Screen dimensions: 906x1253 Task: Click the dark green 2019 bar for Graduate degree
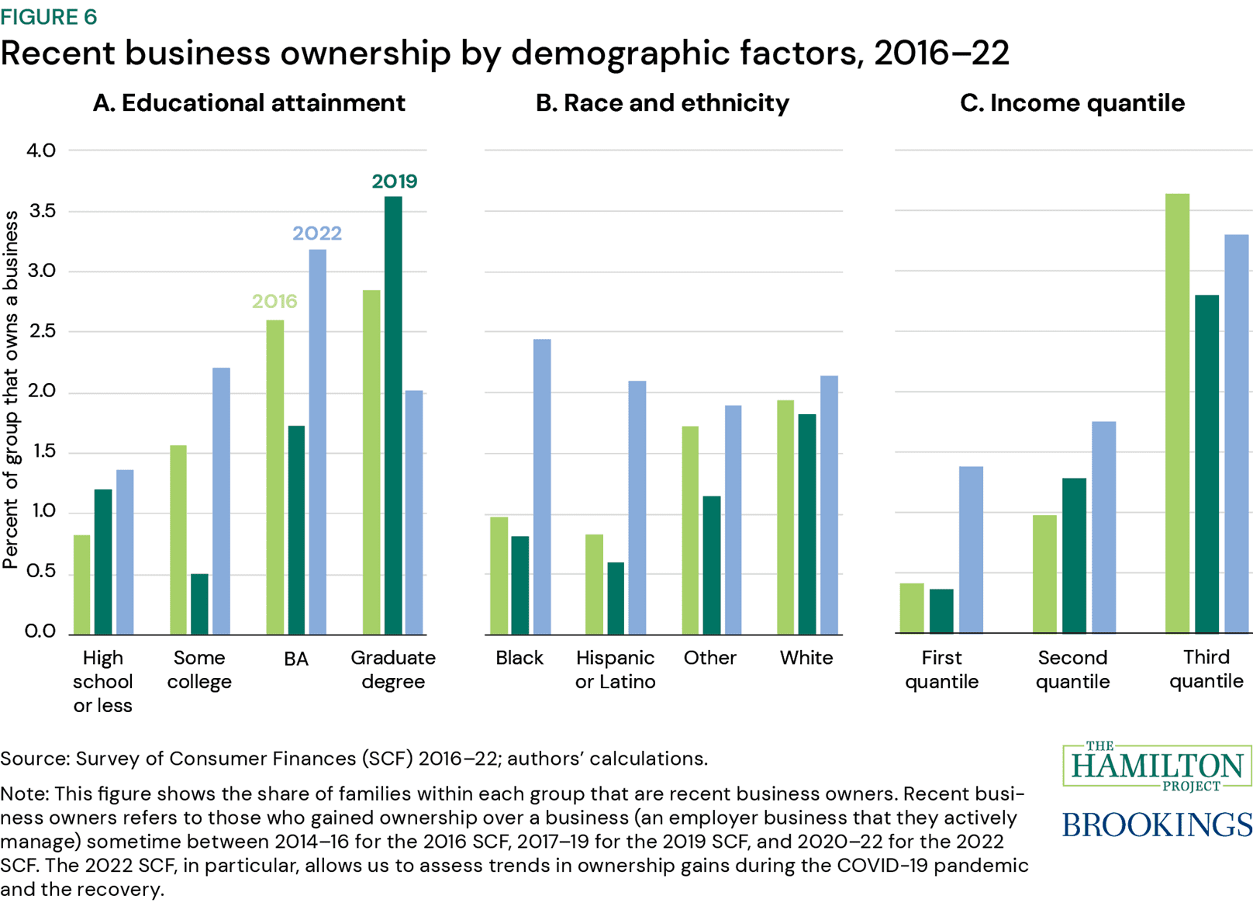(393, 415)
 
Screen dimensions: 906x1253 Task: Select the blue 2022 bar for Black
(542, 486)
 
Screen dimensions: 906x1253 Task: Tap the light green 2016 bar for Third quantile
(1177, 413)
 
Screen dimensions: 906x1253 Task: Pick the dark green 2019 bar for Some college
(199, 603)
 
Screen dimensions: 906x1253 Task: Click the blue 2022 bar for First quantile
(971, 549)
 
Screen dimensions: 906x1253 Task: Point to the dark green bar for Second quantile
(1074, 555)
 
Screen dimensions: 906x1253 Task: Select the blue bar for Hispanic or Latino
(637, 507)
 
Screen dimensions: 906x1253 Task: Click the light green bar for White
(785, 517)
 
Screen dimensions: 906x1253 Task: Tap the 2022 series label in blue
(317, 233)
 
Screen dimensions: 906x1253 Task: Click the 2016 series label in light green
(274, 301)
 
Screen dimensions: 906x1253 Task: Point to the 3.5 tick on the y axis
(41, 211)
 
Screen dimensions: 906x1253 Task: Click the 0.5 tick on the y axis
(41, 572)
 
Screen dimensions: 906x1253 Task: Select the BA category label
(296, 659)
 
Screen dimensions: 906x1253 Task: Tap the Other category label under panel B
(709, 658)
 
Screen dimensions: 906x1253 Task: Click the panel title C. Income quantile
(1072, 103)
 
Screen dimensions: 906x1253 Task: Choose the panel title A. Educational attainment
(248, 103)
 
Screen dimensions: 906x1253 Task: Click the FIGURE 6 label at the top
(49, 16)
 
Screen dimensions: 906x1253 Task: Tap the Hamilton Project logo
(1157, 766)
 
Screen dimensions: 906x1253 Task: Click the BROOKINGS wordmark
(1157, 825)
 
